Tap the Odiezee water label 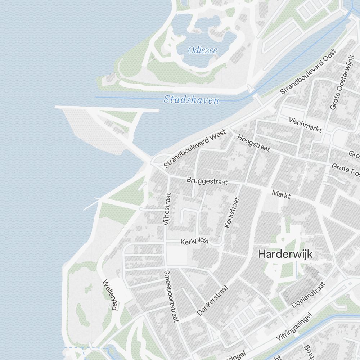pyautogui.click(x=203, y=50)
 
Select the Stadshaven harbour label pyautogui.click(x=191, y=100)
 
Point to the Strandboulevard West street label pyautogui.click(x=195, y=149)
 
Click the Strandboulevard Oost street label pyautogui.click(x=308, y=72)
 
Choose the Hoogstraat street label pyautogui.click(x=253, y=143)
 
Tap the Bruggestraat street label pyautogui.click(x=207, y=181)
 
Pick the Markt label pyautogui.click(x=281, y=194)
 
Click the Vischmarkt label pyautogui.click(x=305, y=125)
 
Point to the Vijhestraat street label pyautogui.click(x=167, y=209)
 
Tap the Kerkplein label pyautogui.click(x=194, y=242)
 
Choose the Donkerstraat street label pyautogui.click(x=213, y=300)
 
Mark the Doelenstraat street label pyautogui.click(x=308, y=295)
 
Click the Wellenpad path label pyautogui.click(x=110, y=294)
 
